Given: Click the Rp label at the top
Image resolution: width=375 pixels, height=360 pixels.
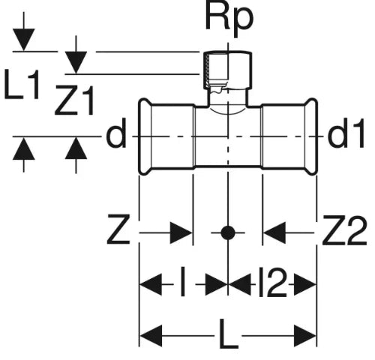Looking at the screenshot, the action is [229, 19].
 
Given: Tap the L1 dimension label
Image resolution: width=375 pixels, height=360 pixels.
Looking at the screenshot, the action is [22, 84].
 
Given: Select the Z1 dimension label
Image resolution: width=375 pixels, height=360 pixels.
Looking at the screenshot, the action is [74, 100].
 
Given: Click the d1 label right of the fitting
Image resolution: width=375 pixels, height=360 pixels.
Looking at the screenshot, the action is [346, 133].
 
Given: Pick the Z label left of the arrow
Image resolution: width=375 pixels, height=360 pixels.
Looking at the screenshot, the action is [118, 229].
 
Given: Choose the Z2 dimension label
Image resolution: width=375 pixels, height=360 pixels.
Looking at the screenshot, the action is [344, 229].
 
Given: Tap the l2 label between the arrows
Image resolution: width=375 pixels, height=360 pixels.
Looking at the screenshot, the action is [272, 282].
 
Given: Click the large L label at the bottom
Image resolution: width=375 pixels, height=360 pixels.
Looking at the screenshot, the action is [229, 334].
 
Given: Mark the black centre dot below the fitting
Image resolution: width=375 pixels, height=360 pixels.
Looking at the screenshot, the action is [228, 232].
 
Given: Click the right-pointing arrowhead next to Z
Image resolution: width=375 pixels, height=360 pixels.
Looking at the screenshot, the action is [181, 232].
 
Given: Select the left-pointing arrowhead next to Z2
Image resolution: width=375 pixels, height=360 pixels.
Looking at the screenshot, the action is [274, 232].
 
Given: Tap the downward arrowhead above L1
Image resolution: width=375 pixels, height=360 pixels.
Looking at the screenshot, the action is [24, 40].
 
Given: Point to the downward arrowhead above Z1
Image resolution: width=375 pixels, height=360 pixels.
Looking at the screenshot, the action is [76, 62].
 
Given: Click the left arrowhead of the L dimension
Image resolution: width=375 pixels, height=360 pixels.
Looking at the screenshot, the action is [151, 336].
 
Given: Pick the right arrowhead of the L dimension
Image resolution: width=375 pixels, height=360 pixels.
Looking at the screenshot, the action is [305, 336].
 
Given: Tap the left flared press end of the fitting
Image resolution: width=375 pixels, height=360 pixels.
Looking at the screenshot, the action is [145, 136].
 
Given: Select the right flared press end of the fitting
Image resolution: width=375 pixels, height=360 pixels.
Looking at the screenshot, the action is [311, 136].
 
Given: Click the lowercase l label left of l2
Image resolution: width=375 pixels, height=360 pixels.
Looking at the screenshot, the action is [183, 282].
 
